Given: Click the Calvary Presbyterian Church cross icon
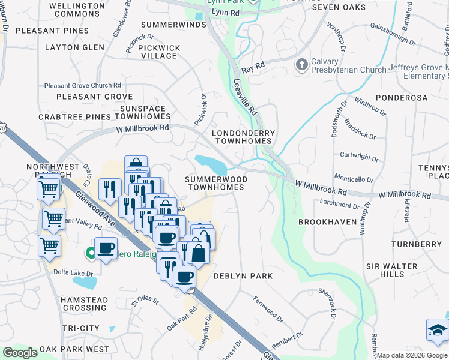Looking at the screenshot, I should (x=301, y=64).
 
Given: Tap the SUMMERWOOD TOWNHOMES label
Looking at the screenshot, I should (x=215, y=183).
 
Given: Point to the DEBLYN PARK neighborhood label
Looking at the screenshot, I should (x=244, y=276).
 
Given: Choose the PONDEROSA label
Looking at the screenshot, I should (x=402, y=97).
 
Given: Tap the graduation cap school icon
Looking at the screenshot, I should (x=437, y=330).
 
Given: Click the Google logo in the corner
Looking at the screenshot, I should (x=20, y=353).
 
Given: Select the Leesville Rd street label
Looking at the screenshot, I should (x=244, y=97).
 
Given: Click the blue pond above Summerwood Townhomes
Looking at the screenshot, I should (x=210, y=162).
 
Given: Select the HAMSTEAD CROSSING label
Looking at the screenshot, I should (x=85, y=304).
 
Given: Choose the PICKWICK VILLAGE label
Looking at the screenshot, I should (x=158, y=52).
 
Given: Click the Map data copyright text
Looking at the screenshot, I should (x=412, y=355).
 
